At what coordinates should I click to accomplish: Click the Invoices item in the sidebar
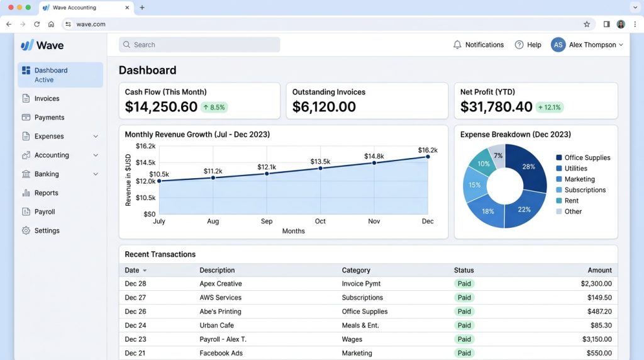tap(47, 99)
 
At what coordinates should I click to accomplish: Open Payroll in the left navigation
tap(45, 211)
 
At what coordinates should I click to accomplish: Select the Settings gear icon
tap(26, 230)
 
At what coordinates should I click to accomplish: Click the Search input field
tap(199, 45)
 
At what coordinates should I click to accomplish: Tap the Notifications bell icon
tap(457, 45)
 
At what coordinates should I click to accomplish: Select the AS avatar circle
tap(558, 45)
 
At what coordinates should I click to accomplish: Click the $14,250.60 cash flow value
tap(161, 107)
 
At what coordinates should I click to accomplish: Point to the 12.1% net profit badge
tap(550, 107)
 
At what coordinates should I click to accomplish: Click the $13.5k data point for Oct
tap(320, 168)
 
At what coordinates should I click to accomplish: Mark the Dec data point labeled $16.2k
tap(428, 157)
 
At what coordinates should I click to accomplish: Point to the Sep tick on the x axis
tap(267, 221)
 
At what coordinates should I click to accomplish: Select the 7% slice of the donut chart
tap(497, 155)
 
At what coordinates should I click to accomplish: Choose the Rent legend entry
tap(567, 201)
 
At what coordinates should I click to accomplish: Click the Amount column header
tap(599, 270)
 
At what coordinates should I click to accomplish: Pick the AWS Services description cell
tap(221, 298)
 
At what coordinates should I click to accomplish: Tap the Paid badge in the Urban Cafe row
tap(464, 325)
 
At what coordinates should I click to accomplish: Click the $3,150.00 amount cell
tap(597, 339)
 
